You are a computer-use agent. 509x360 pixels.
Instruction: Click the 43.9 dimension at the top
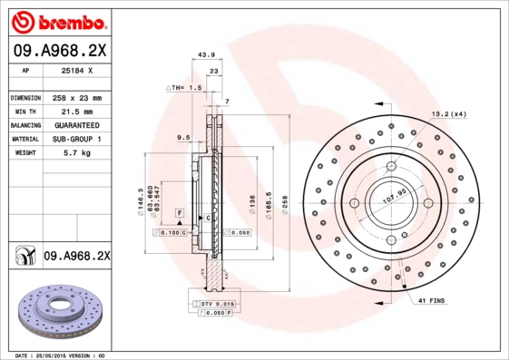[206, 56]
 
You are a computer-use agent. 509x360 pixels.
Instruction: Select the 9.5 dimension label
[182, 138]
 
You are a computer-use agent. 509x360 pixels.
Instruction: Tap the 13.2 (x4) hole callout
[447, 114]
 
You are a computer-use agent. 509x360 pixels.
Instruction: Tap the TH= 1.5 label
[182, 87]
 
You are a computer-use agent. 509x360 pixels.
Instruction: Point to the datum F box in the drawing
[180, 212]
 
